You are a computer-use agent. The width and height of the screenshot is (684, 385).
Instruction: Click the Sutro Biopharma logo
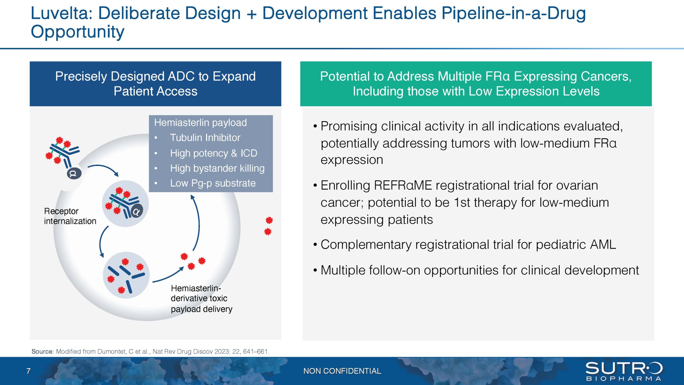pos(624,371)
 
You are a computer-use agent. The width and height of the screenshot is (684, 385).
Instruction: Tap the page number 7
pos(28,371)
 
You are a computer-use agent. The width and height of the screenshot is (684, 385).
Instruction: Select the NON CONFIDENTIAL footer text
pos(342,371)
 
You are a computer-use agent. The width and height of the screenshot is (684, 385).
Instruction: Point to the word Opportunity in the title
pos(77,32)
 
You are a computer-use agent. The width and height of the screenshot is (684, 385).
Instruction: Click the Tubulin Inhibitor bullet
pos(205,138)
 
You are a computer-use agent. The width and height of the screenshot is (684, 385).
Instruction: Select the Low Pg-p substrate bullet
pos(213,183)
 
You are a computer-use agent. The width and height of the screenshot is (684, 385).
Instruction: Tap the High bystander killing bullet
pos(217,168)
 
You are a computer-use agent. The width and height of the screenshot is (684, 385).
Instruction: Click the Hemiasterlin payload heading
pos(200,123)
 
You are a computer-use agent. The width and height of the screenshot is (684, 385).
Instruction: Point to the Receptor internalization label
pos(70,216)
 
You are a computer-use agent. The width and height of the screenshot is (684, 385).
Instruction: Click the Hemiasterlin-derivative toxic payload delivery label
pos(201,298)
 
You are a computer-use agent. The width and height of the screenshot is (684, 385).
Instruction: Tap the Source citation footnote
pos(150,351)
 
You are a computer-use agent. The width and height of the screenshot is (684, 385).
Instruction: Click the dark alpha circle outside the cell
pos(74,174)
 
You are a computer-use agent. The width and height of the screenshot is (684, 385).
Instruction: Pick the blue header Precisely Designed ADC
pos(155,84)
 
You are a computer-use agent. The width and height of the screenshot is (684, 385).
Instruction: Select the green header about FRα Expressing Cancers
pos(476,84)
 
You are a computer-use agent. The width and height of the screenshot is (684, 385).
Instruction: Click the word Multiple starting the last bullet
pos(343,270)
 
